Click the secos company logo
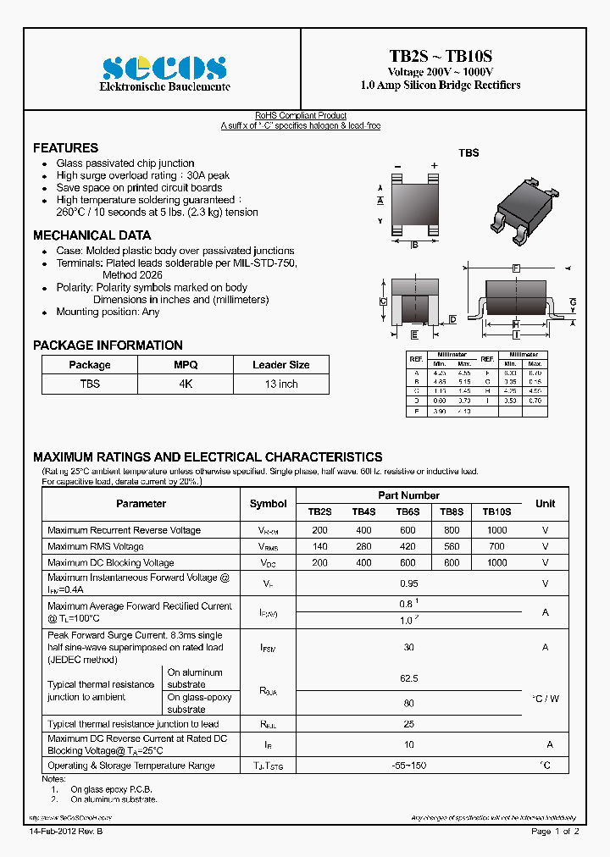(x=164, y=67)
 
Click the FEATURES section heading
(x=65, y=147)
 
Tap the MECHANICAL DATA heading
(x=91, y=235)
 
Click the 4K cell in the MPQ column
(x=186, y=384)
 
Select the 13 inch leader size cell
(x=280, y=384)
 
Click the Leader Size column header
(x=280, y=365)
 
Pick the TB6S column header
(x=408, y=512)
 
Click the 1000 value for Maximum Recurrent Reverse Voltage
(x=496, y=530)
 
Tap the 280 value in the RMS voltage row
(x=363, y=546)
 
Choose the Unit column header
(x=545, y=503)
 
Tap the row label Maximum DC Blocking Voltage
(x=111, y=562)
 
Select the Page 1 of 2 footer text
(x=555, y=832)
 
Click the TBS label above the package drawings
(x=469, y=153)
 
